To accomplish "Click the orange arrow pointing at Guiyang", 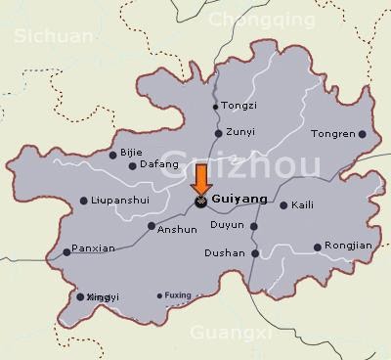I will [x=200, y=181].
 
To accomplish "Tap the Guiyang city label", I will [x=239, y=198].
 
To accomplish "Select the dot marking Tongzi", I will [x=216, y=107].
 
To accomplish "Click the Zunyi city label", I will [x=239, y=133].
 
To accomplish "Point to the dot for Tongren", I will [x=362, y=134].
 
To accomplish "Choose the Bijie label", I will [x=131, y=153].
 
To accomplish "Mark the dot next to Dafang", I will [x=133, y=166].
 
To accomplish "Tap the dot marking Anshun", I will [x=151, y=226].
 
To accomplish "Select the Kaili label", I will [x=303, y=205].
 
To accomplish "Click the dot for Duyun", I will [x=254, y=226].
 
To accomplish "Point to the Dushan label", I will [x=225, y=252].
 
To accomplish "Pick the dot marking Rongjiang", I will [x=318, y=247].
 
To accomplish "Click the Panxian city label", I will [x=95, y=248].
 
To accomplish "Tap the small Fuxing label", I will [x=177, y=295].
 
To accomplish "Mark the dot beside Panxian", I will [x=66, y=252].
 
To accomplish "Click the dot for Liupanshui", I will [x=82, y=201].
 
